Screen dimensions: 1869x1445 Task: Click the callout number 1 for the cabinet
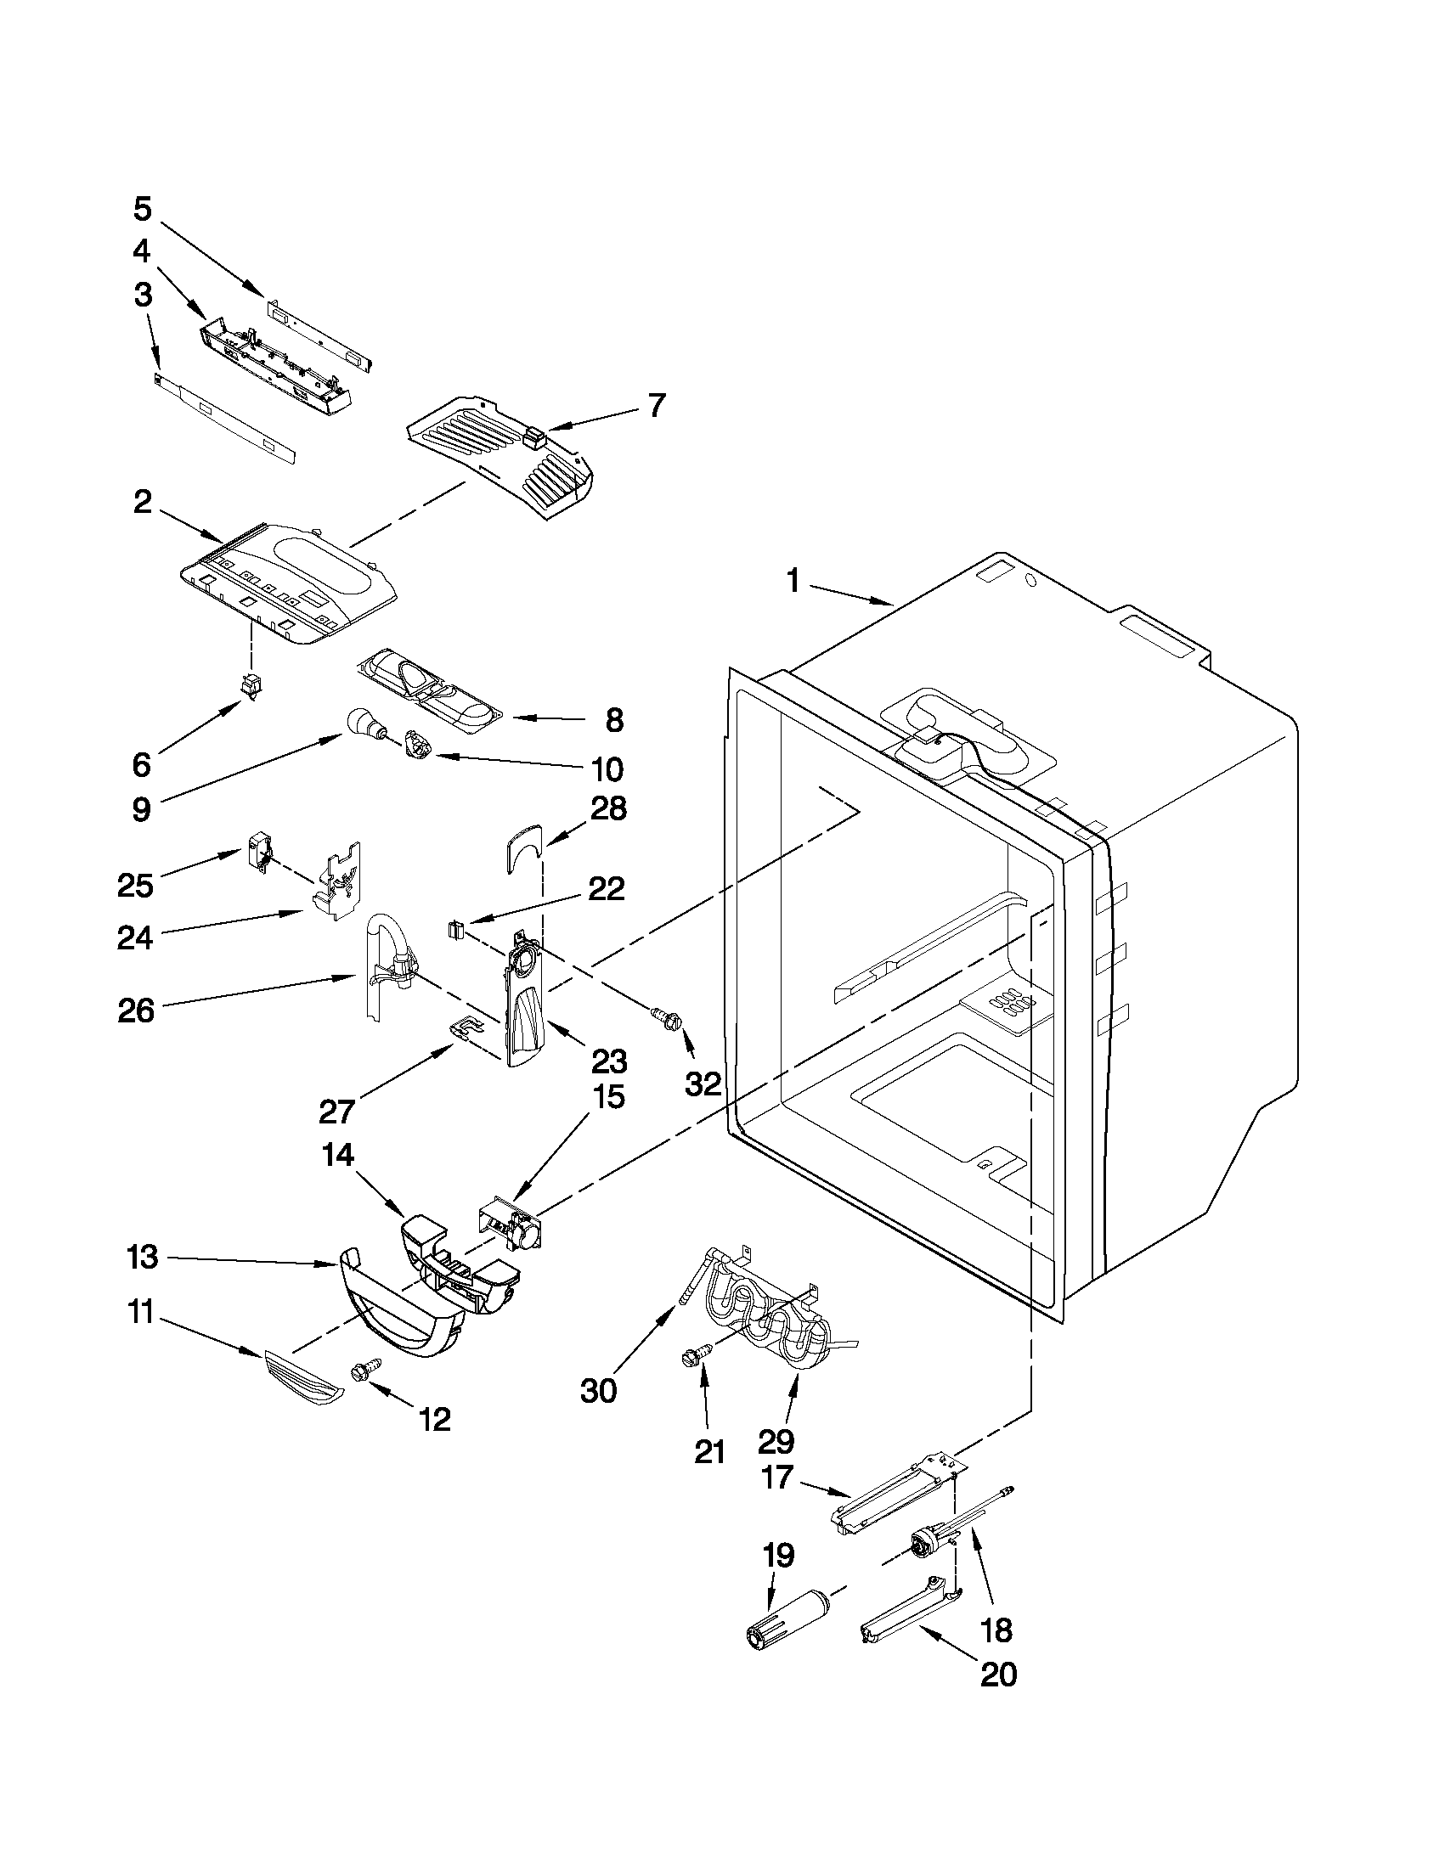pos(793,583)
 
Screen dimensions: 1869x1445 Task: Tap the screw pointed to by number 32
pos(667,1016)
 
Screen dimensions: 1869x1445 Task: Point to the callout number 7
pos(656,405)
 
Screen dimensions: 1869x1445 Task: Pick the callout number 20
pos(998,1674)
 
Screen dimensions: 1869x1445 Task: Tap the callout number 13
pos(142,1257)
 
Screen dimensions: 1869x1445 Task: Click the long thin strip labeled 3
pos(224,417)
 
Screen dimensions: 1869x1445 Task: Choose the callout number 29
pos(776,1441)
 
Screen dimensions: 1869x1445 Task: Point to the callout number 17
pos(776,1478)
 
